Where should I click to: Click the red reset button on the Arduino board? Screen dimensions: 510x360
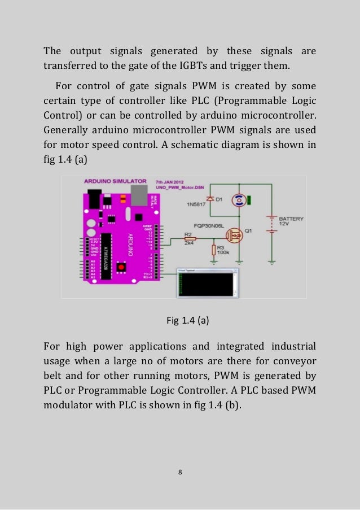[120, 267]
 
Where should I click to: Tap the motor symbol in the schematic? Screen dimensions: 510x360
[239, 199]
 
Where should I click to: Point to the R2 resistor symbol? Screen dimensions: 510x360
[190, 239]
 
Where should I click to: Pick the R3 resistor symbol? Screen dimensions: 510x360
[214, 250]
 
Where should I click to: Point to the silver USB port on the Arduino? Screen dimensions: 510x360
[137, 194]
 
